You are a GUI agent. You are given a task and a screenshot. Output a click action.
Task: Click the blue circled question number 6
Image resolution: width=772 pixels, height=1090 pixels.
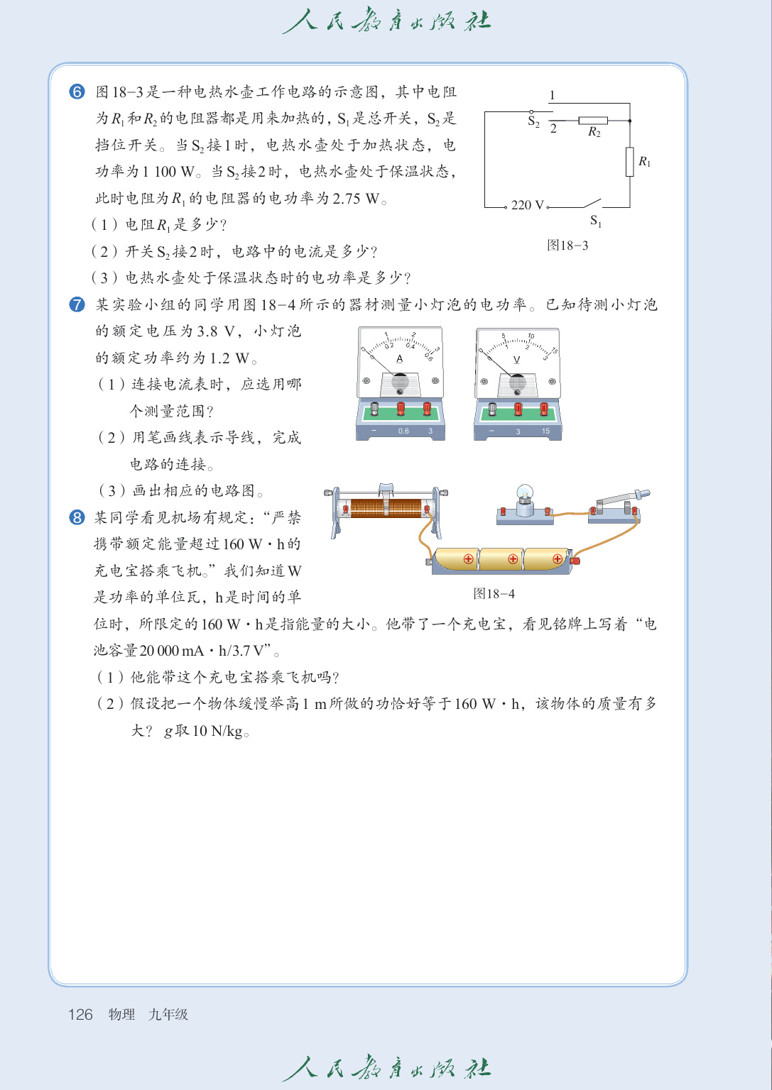(77, 92)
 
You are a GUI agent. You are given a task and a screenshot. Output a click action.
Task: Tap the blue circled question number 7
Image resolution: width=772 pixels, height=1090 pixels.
(77, 304)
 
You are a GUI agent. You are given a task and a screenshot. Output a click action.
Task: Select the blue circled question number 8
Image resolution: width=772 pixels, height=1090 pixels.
(77, 517)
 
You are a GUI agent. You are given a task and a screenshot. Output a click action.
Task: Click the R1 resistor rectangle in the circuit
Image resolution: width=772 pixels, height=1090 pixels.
(629, 161)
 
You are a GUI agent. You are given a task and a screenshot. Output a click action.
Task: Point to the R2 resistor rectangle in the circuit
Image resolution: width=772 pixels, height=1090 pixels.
(592, 121)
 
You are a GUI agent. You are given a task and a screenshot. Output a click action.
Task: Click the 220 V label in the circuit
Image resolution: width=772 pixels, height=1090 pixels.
(527, 205)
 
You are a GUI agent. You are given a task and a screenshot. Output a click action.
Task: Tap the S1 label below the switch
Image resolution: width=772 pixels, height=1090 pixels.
(595, 222)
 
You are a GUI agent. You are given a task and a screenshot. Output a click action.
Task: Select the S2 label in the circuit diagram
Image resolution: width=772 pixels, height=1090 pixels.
(533, 122)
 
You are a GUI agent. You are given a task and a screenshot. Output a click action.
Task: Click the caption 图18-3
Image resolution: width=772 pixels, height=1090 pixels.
(567, 246)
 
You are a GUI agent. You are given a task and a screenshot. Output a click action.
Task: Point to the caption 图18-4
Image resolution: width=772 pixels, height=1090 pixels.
(494, 594)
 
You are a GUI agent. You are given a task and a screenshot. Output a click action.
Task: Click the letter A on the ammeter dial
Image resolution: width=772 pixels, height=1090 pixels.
(399, 359)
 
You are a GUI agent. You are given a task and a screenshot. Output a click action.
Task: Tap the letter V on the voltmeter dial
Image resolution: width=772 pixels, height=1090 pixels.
(516, 360)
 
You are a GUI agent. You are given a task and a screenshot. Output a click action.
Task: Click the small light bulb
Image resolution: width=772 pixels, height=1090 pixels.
(525, 492)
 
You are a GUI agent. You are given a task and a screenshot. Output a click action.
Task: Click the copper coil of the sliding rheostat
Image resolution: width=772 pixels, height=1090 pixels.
(387, 508)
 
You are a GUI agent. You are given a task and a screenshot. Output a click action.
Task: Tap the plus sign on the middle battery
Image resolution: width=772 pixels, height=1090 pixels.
(513, 559)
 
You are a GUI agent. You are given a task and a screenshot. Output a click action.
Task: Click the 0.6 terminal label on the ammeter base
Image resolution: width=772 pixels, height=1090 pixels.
(403, 431)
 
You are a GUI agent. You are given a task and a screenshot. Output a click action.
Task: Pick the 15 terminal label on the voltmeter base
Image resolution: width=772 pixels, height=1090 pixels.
(545, 431)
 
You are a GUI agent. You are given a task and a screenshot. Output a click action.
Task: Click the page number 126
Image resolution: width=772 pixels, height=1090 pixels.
(80, 1014)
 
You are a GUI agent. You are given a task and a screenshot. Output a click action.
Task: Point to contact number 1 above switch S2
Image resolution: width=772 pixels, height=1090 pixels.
(552, 95)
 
